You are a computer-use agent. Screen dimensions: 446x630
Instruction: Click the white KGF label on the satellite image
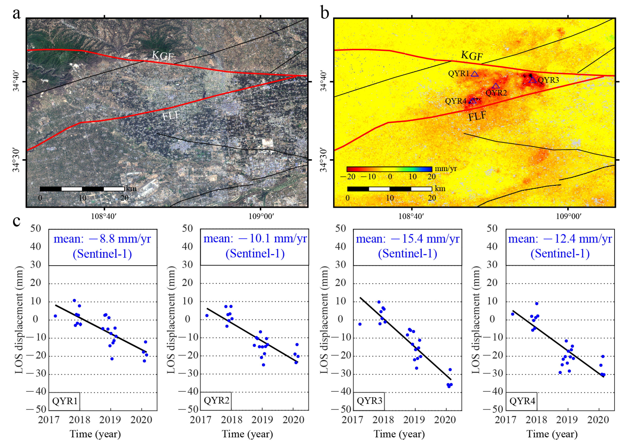(x=163, y=56)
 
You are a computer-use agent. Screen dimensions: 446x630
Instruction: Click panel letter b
(x=325, y=13)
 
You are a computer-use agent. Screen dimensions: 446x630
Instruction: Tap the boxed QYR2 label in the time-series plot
(x=216, y=400)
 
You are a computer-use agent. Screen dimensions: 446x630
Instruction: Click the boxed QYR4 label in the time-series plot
(x=522, y=401)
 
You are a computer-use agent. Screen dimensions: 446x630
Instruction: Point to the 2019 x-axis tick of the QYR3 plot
(x=414, y=420)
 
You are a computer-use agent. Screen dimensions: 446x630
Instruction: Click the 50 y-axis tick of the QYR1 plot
(x=36, y=228)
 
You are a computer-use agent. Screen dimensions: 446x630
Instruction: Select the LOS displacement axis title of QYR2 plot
(x=171, y=320)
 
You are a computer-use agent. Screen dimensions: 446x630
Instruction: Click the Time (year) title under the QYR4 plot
(x=552, y=434)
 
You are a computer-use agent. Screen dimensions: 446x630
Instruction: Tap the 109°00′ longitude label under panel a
(x=261, y=216)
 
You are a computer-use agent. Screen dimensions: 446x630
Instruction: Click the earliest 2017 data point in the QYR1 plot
(x=55, y=316)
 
